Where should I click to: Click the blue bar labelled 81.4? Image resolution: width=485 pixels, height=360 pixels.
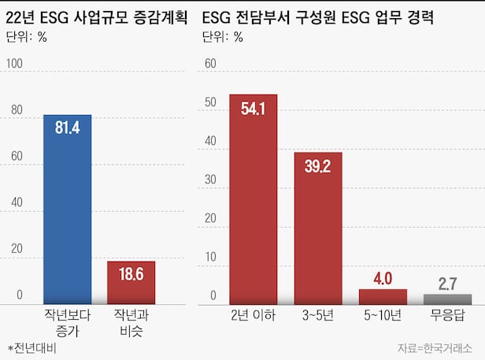(x=68, y=209)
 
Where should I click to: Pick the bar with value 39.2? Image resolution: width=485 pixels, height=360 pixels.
(x=318, y=228)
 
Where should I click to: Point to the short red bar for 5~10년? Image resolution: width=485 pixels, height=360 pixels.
(x=383, y=296)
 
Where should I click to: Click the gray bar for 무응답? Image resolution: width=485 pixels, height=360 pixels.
(x=447, y=299)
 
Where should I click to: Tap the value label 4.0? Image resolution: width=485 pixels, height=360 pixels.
(x=383, y=279)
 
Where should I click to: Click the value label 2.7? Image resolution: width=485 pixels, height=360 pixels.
(x=447, y=284)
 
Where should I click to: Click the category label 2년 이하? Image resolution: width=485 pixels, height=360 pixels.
(x=254, y=315)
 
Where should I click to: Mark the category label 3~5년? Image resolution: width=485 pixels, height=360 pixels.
(x=318, y=315)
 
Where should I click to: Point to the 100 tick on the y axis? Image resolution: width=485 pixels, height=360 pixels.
(x=15, y=64)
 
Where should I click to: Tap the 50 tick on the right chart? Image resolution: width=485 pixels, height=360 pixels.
(x=209, y=102)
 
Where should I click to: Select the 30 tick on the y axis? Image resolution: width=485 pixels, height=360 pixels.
(x=209, y=180)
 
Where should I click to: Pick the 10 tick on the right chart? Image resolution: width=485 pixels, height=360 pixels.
(x=209, y=257)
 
